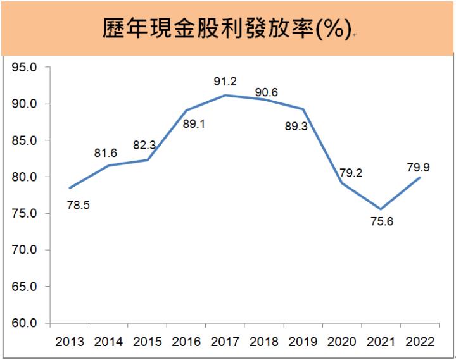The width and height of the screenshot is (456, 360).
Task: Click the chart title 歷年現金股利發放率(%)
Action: [x=226, y=28]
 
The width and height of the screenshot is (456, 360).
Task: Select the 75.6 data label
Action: [x=381, y=222]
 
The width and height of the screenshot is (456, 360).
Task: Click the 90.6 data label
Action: [x=266, y=92]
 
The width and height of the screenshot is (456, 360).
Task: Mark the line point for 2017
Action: [x=226, y=95]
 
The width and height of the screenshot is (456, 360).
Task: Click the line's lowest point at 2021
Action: [x=381, y=209]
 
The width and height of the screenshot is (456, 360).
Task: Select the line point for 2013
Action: [x=70, y=188]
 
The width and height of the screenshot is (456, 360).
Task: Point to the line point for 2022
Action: [x=420, y=178]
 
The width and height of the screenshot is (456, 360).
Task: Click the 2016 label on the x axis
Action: [x=187, y=342]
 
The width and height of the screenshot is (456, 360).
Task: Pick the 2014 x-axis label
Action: [x=109, y=342]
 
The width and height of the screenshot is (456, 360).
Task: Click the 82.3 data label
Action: [x=144, y=145]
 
